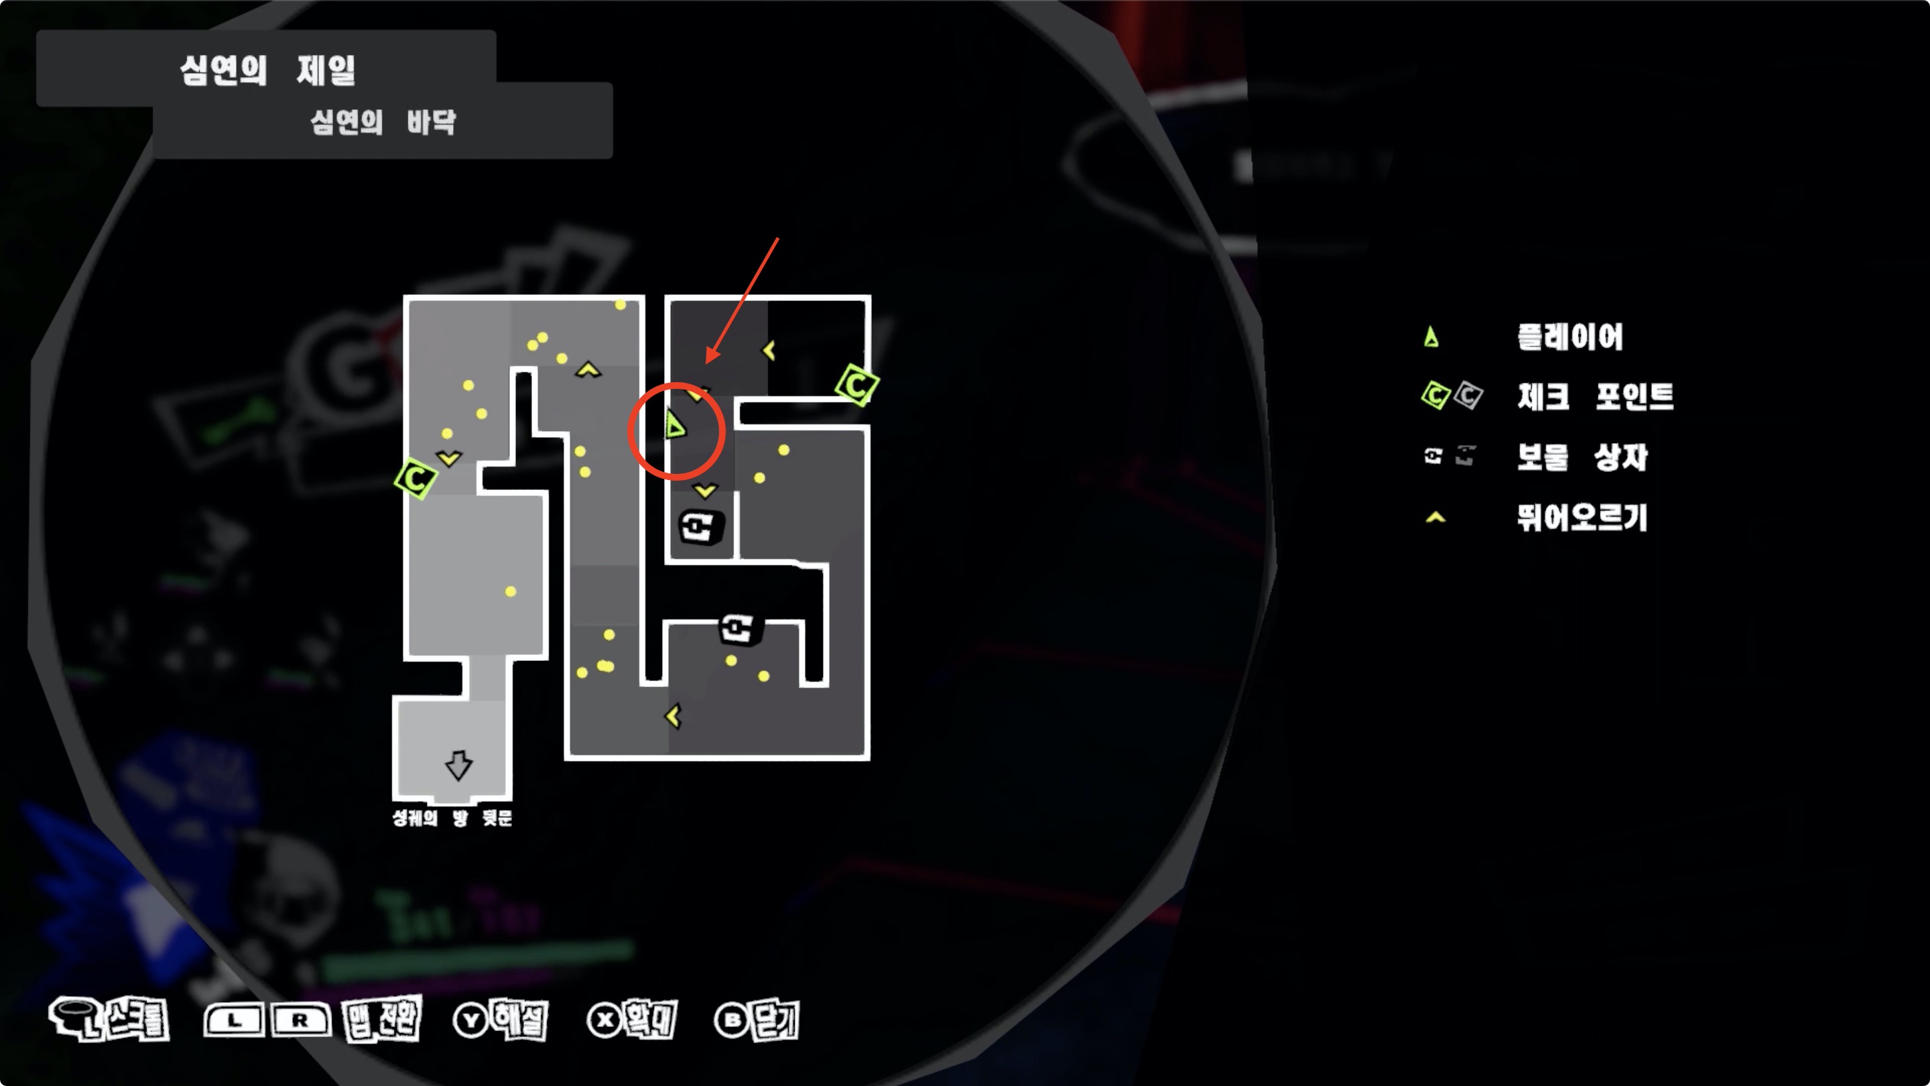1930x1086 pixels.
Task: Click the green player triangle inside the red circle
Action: coord(675,426)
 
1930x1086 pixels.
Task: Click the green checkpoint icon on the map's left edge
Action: coord(415,477)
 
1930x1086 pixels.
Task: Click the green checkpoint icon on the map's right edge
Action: coord(857,385)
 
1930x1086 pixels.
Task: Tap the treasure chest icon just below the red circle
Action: coord(700,526)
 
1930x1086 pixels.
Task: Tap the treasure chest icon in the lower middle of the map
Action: coord(738,628)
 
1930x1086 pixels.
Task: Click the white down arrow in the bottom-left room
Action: coord(458,765)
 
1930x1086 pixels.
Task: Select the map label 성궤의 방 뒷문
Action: coord(452,818)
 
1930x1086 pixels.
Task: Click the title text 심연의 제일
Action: coord(267,70)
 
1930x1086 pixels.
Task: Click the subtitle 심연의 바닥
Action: coord(383,121)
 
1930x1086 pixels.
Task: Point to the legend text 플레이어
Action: coord(1570,337)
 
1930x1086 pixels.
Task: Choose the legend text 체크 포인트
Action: coord(1595,396)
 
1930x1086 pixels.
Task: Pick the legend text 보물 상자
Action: coord(1582,457)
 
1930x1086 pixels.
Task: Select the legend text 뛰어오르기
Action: coord(1582,517)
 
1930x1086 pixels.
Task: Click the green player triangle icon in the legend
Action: coord(1431,337)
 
